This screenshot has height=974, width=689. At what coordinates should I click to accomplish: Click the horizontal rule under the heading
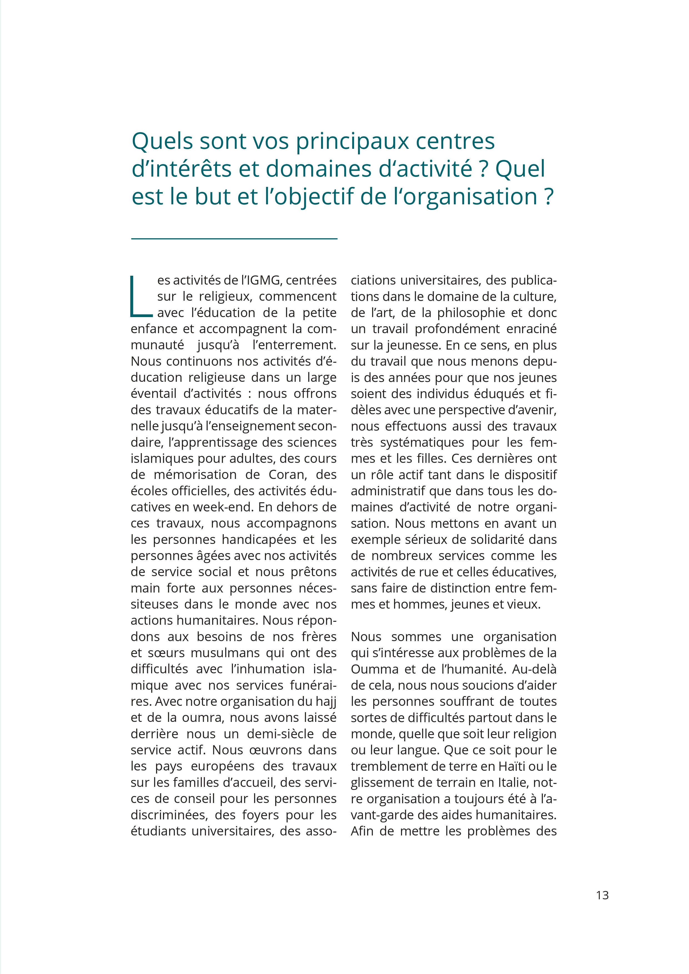pos(234,239)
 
